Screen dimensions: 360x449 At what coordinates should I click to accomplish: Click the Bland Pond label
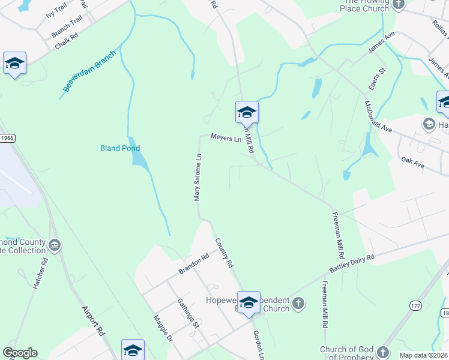pyautogui.click(x=119, y=148)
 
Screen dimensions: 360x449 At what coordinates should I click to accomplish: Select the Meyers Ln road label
pyautogui.click(x=226, y=138)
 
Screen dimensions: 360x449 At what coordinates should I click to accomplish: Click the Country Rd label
pyautogui.click(x=224, y=252)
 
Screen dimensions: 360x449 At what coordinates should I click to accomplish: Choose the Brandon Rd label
pyautogui.click(x=193, y=264)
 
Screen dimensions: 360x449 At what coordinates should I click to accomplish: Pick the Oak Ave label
pyautogui.click(x=413, y=163)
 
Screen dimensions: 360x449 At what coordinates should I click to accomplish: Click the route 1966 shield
pyautogui.click(x=7, y=138)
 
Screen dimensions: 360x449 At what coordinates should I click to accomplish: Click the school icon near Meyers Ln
pyautogui.click(x=246, y=112)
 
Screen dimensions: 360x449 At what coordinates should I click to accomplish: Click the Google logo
pyautogui.click(x=20, y=353)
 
